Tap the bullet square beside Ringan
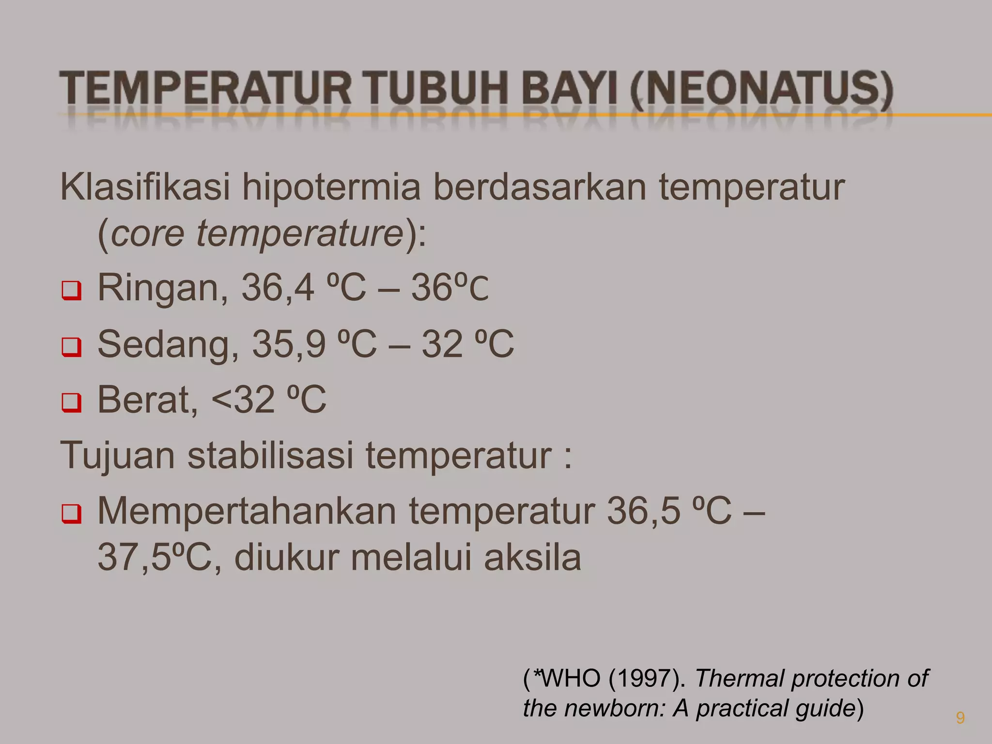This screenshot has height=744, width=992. pos(71,292)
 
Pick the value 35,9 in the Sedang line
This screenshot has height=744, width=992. pos(288,344)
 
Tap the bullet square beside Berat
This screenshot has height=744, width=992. pos(71,403)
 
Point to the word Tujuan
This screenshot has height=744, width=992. pos(118,456)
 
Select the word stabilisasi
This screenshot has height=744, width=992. pos(270,455)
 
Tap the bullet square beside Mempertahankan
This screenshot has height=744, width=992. pos(71,515)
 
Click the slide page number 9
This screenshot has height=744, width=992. pos(960,718)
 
